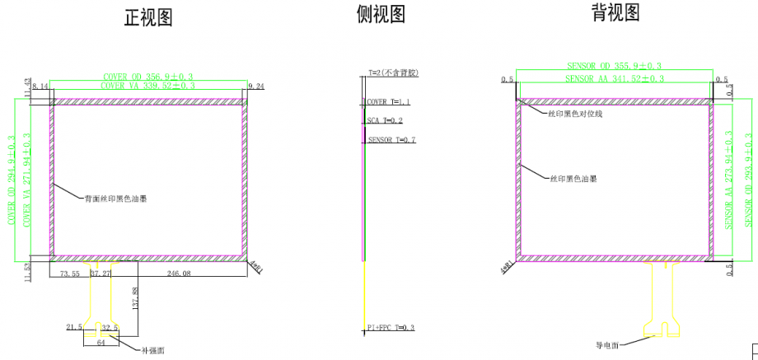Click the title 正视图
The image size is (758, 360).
(148, 18)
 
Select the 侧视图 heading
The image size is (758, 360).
(381, 14)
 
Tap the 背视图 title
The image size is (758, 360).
(615, 12)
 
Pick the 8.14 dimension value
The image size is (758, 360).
(40, 86)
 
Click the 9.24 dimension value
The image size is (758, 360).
(256, 86)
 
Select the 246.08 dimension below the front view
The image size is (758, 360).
(179, 273)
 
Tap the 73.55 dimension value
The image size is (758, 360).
(69, 273)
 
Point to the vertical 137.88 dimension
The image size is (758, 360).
(135, 297)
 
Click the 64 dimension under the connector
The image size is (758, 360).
(101, 342)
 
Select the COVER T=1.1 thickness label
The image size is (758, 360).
(388, 102)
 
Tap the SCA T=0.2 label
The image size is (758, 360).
(386, 120)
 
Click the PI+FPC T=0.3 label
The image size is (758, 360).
(391, 328)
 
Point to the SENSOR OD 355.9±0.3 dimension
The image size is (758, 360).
(614, 65)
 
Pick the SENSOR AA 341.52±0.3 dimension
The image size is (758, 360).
(614, 78)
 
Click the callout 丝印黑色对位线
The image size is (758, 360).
(575, 114)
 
